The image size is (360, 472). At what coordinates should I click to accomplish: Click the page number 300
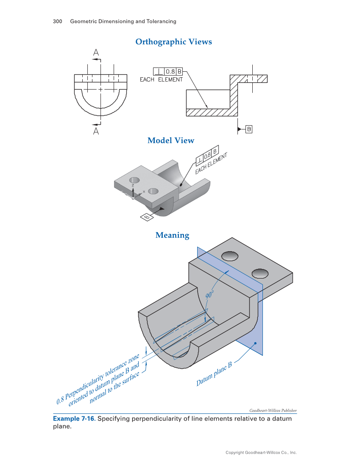coord(58,21)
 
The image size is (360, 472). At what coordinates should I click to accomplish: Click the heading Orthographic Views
coord(173,42)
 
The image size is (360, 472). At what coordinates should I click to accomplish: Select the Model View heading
coord(170,140)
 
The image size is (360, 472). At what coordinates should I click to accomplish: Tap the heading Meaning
coord(172,235)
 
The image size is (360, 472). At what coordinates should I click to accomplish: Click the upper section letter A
coord(96,53)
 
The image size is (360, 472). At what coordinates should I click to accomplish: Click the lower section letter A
coord(96,132)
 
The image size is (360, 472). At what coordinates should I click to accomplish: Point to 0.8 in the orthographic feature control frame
coord(170,71)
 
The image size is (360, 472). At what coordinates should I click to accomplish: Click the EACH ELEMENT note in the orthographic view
coord(161,79)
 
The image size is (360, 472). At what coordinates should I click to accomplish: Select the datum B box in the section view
coord(249,129)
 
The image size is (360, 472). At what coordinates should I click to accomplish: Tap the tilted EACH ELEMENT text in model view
coord(211,163)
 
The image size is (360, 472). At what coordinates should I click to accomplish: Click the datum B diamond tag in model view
coord(146,217)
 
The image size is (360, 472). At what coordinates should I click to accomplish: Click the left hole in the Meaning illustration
coord(229,256)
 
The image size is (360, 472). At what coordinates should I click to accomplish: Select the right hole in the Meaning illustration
coord(260,273)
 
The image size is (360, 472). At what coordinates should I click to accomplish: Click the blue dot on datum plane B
coord(255,343)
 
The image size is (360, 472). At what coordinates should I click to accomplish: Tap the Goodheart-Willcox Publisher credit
coord(273,410)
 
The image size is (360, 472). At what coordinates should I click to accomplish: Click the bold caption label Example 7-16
coord(74,419)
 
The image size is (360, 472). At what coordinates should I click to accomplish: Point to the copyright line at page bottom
coord(261,453)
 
